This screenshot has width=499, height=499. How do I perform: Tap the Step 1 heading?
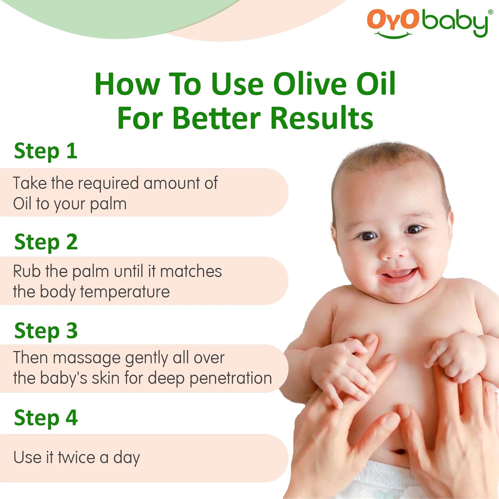point(46,151)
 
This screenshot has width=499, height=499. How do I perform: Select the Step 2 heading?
point(46,242)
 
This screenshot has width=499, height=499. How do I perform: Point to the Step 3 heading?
point(46,331)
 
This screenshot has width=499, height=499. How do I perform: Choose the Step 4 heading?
point(46,418)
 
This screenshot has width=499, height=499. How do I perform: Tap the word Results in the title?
point(321,118)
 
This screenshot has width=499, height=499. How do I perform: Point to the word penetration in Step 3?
point(231,378)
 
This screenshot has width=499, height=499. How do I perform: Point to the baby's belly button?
point(400,452)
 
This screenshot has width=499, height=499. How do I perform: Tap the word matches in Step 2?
point(191,271)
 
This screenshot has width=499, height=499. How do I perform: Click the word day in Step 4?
point(126,458)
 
